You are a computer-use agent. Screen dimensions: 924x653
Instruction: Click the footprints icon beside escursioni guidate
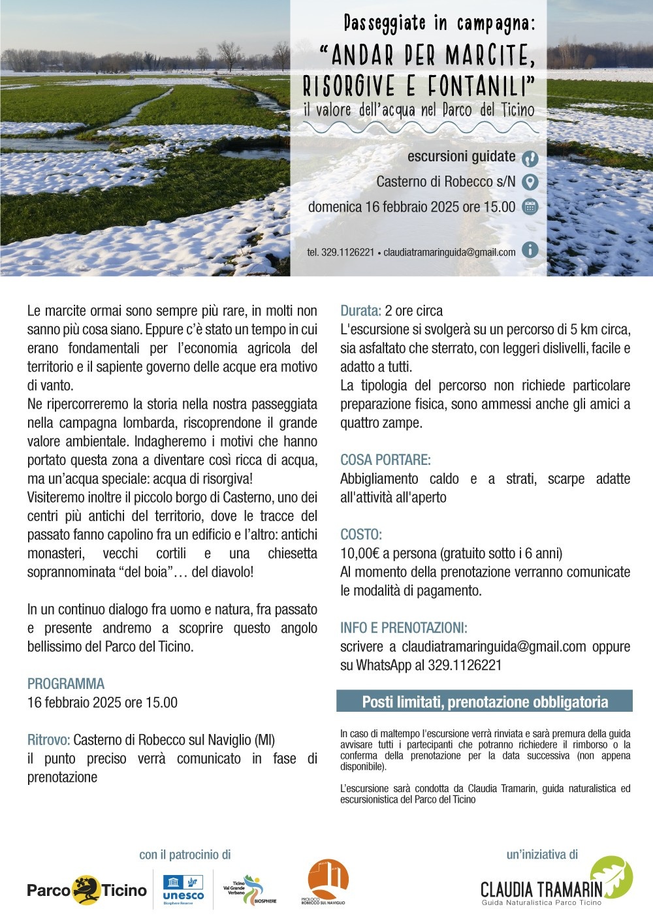coord(530,158)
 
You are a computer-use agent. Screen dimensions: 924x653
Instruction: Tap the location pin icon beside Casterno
coord(530,182)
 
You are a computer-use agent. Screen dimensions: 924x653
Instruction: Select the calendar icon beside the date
coord(530,207)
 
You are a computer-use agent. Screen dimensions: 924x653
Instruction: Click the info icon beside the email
coord(530,249)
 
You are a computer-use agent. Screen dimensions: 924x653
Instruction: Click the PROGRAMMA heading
coord(66,684)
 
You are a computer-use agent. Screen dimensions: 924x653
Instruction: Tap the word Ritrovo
coord(48,740)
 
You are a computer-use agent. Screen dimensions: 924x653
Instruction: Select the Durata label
coord(360,311)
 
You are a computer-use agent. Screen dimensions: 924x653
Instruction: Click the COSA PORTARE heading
coord(385,460)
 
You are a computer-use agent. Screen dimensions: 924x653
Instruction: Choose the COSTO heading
coord(361,534)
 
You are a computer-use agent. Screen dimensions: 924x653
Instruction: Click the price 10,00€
coord(360,553)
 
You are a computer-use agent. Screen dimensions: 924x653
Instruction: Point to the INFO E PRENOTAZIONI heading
coord(404,628)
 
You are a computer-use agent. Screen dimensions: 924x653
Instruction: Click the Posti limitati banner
coord(485,702)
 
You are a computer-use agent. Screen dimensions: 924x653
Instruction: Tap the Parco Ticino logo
coord(87,890)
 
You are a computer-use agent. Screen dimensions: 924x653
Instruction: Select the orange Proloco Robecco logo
coord(328,883)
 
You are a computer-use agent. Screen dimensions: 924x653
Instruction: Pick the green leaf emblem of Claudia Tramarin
coord(612,876)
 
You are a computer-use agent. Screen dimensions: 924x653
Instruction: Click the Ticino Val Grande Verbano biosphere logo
coord(249,890)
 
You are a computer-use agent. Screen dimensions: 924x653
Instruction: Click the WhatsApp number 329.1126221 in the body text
coord(464,665)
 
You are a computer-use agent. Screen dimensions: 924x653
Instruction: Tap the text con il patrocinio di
coord(185,855)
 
